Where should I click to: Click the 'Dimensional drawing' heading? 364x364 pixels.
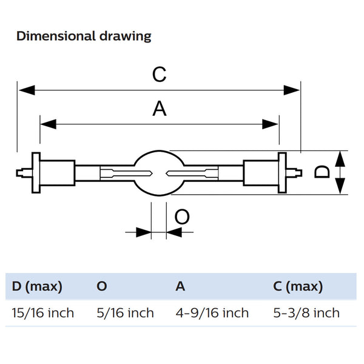tap(84, 36)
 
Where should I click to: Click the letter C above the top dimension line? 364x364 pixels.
tap(159, 75)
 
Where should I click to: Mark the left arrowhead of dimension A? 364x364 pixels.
tap(47, 124)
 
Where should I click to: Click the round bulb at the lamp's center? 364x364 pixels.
tap(159, 172)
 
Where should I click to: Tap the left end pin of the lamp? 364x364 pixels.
tap(22, 173)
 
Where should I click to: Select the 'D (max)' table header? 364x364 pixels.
tap(37, 286)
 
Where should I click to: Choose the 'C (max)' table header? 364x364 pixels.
tap(298, 286)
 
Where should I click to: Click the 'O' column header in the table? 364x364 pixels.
tap(102, 286)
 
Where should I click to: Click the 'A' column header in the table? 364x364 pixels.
tap(180, 286)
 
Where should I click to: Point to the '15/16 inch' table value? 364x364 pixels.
tap(43, 313)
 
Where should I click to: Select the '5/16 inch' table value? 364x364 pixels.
tap(125, 313)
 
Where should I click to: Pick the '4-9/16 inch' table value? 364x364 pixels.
tap(212, 313)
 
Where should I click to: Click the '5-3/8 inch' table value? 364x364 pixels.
tap(306, 313)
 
